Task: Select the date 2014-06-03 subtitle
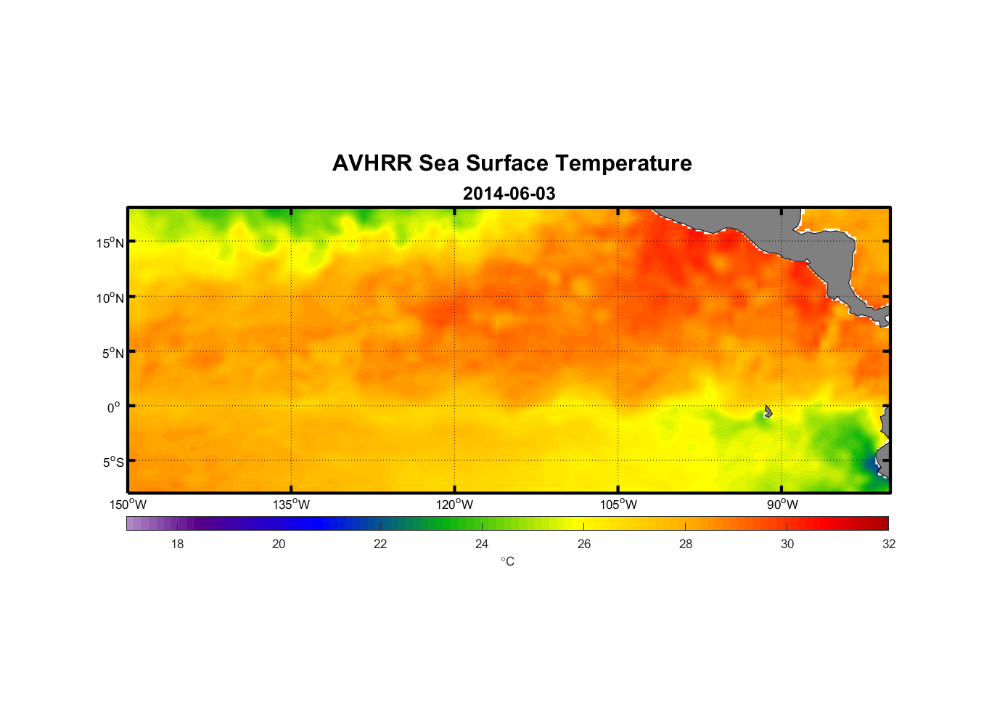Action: coord(509,194)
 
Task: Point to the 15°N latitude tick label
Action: coord(110,242)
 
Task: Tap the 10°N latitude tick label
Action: coord(110,298)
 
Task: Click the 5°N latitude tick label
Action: coord(112,353)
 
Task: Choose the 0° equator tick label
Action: coord(114,407)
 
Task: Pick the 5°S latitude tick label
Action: coord(112,462)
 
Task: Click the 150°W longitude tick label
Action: coord(128,505)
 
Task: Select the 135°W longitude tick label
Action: coord(291,505)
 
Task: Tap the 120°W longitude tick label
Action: coord(454,505)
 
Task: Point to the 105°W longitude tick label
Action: coord(618,505)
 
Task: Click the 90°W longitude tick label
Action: coord(782,505)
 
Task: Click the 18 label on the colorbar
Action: coord(177,544)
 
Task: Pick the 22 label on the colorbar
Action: coord(380,544)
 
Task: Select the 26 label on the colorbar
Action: coord(584,544)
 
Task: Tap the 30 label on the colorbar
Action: coord(787,544)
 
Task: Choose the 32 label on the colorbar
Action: coord(889,544)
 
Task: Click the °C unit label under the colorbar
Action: coord(507,561)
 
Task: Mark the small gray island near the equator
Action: coord(768,412)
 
